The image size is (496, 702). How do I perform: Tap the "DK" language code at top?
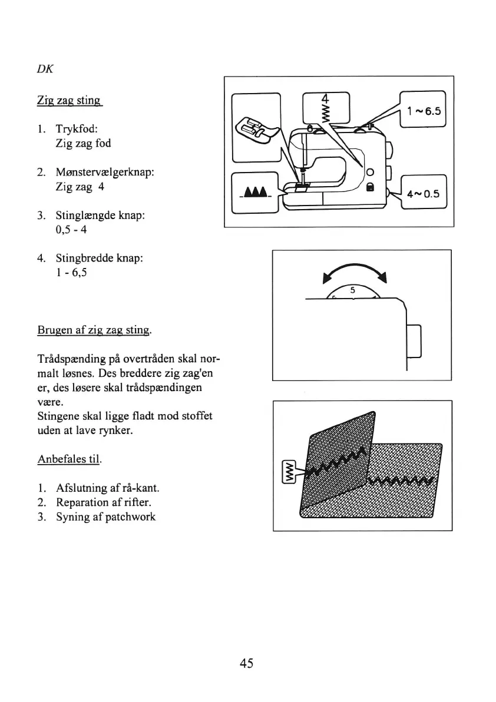44,68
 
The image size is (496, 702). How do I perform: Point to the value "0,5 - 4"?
71,230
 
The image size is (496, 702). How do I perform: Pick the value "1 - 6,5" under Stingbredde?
72,273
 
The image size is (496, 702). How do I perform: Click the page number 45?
247,663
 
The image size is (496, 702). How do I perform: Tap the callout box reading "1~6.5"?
423,111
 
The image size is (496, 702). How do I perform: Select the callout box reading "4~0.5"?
423,193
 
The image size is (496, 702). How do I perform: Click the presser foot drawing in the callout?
254,128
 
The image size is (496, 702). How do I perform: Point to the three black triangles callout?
254,193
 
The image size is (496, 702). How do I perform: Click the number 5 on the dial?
352,290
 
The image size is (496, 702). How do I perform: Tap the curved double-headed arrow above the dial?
353,271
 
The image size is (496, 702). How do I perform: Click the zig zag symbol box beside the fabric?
290,471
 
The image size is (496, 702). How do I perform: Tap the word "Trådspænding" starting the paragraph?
67,360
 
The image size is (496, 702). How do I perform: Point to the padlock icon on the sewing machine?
369,187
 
